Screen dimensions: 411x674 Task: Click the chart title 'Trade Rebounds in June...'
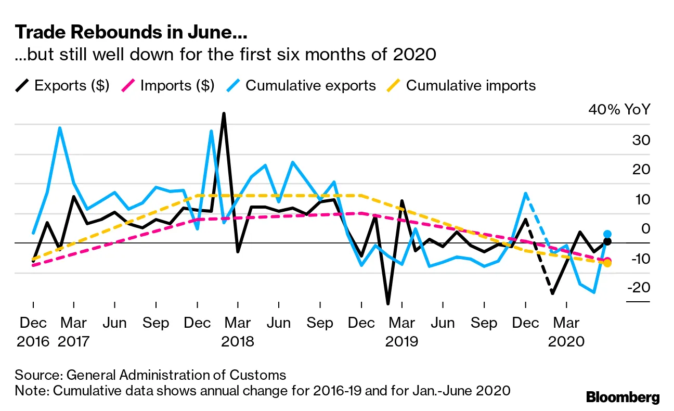tap(131, 33)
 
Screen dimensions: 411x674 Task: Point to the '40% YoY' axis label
tap(619, 110)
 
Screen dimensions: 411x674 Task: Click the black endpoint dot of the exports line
tap(607, 241)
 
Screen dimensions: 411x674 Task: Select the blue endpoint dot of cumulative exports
tap(607, 234)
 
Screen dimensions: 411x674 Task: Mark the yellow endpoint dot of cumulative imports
tap(607, 263)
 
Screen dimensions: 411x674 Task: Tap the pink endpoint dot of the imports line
tap(607, 261)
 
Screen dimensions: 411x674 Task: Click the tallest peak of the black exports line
tap(224, 113)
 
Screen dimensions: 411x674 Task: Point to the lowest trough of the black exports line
tap(388, 303)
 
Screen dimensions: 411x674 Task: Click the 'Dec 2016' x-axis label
tap(33, 331)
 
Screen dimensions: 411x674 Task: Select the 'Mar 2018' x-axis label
tap(237, 331)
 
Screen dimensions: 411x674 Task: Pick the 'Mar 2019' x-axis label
tap(401, 331)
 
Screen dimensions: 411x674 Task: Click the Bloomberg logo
tap(623, 397)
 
